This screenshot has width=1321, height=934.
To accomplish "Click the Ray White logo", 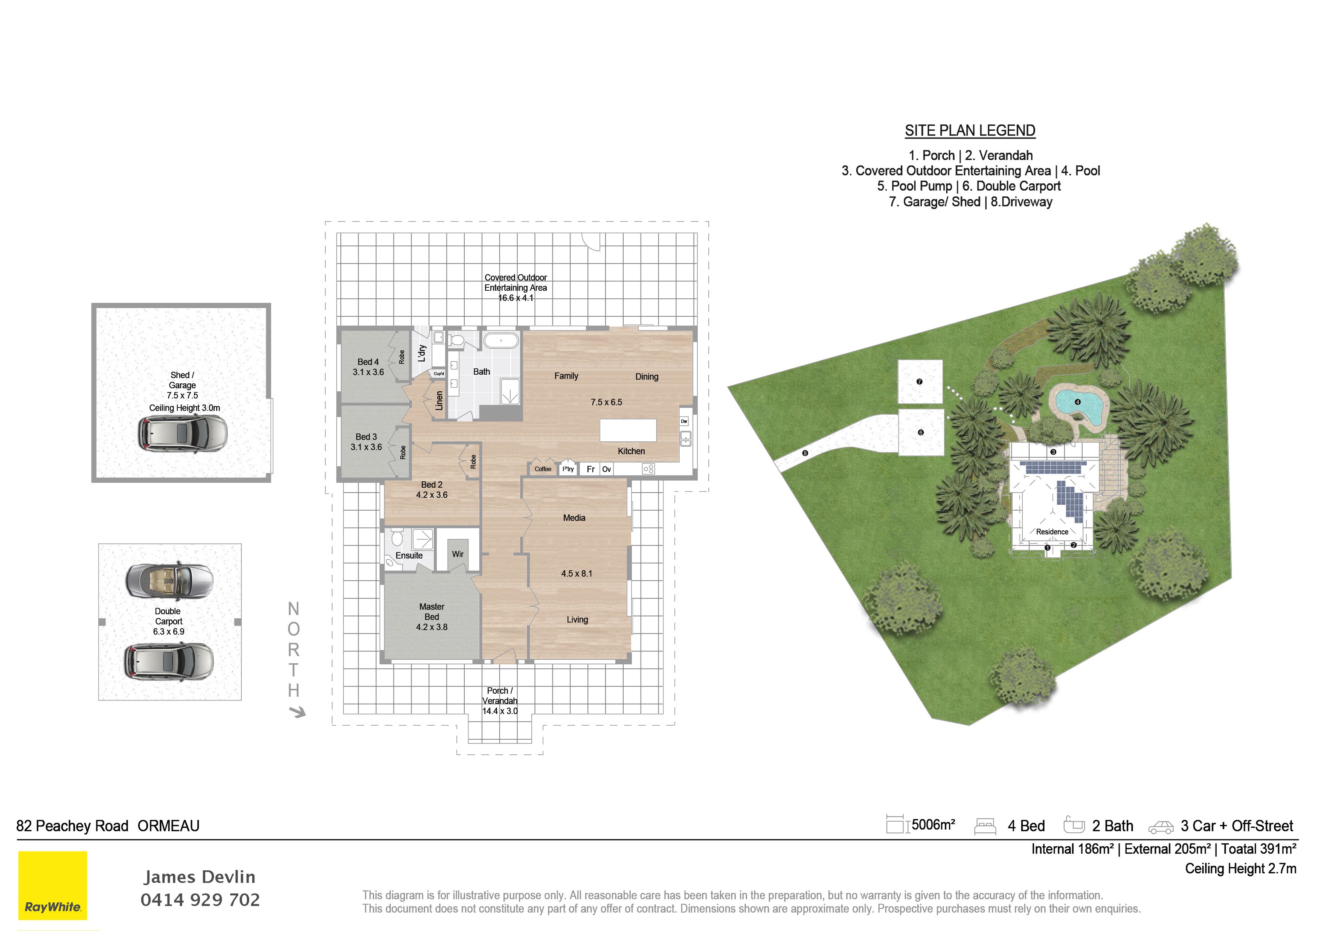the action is [x=52, y=885].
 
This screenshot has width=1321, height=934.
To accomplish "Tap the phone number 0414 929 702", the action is [x=200, y=899].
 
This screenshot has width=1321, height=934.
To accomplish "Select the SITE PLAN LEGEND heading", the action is [x=970, y=131].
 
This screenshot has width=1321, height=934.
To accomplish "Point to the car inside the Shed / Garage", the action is [x=182, y=433].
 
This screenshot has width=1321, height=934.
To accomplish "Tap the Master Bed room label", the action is [x=432, y=617].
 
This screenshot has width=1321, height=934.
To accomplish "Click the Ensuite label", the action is [x=409, y=556].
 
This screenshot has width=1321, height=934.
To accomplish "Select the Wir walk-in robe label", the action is [x=458, y=554].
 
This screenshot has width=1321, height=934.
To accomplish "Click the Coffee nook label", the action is [x=543, y=469].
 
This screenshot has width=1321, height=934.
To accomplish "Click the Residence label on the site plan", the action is [x=1052, y=532].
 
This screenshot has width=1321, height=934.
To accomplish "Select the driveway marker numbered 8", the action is [x=805, y=453].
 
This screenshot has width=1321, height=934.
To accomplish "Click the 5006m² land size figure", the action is [x=933, y=825].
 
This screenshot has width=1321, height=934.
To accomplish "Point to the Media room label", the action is [x=574, y=518].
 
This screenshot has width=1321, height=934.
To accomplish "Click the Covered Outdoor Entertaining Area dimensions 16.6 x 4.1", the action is [x=516, y=298].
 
